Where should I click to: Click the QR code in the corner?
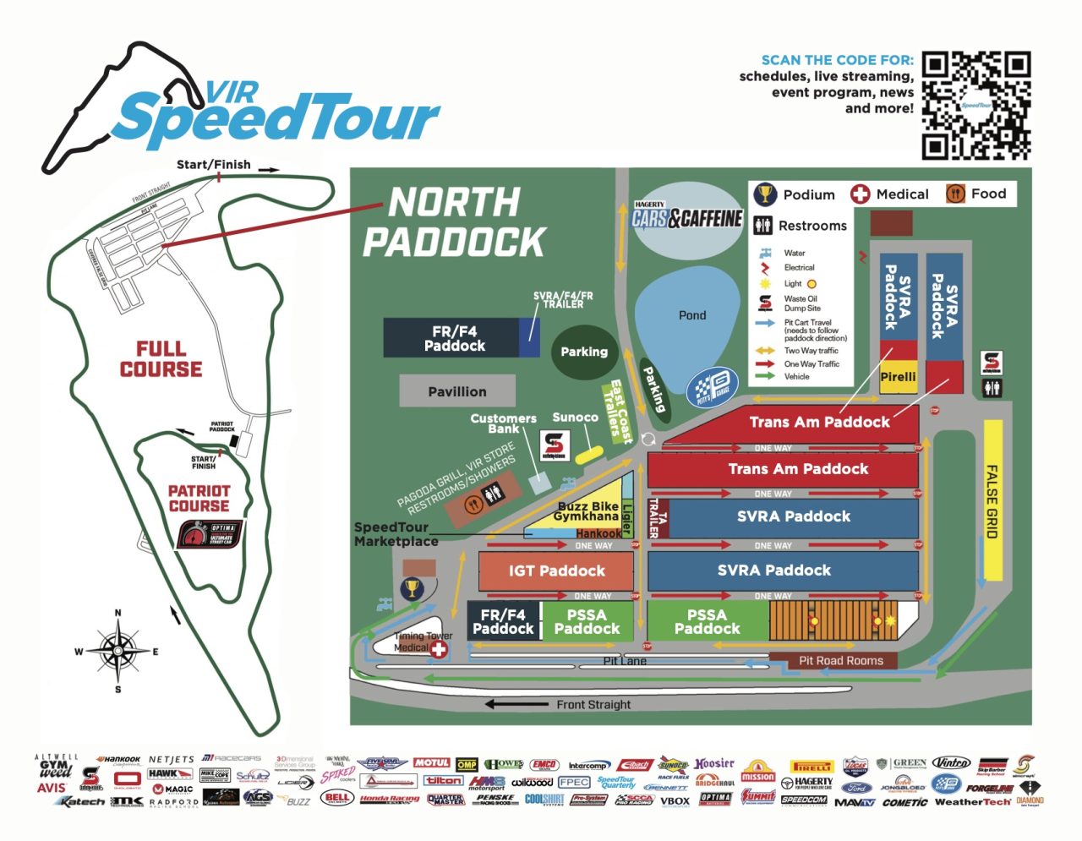click(975, 106)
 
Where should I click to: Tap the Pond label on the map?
click(691, 315)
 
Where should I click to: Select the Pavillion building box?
click(456, 391)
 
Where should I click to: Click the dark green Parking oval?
click(584, 352)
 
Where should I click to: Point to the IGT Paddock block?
click(556, 571)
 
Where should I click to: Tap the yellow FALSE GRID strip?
click(992, 500)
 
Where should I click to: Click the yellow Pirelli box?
click(898, 377)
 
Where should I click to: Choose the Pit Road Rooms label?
click(840, 660)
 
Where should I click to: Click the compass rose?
click(118, 650)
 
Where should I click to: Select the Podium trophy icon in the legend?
click(765, 194)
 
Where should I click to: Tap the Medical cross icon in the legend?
click(860, 194)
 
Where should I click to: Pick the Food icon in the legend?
click(955, 194)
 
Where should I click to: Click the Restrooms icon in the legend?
click(762, 226)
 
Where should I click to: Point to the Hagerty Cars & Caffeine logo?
click(686, 217)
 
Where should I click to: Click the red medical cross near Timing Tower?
click(439, 648)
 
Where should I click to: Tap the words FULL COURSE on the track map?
click(161, 359)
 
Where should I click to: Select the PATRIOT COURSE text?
click(199, 498)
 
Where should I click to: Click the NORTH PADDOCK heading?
click(454, 222)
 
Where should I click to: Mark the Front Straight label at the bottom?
click(593, 704)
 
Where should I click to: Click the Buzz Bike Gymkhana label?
click(587, 511)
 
